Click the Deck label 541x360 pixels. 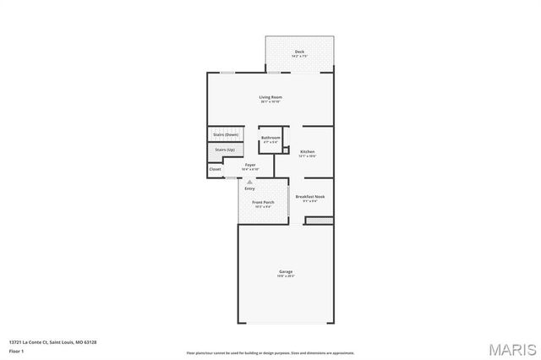tap(299, 52)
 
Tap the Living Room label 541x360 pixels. tap(270, 97)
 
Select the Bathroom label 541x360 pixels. tap(270, 138)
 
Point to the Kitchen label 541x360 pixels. tap(308, 152)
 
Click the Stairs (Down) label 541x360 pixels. tap(226, 134)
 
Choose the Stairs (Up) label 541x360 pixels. tap(225, 150)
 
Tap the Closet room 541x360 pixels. tap(215, 169)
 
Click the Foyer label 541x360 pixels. tap(250, 166)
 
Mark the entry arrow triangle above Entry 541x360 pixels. tap(249, 182)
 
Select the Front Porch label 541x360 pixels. tap(263, 202)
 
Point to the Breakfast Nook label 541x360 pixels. tap(310, 196)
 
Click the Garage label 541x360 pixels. tap(286, 271)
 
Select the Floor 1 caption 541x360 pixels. tap(17, 350)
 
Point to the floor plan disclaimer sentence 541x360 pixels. tap(270, 352)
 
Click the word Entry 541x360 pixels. tap(249, 188)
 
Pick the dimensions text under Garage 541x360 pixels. tap(286, 276)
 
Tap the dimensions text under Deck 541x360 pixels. tap(299, 57)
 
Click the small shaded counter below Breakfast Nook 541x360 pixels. tap(319, 221)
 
